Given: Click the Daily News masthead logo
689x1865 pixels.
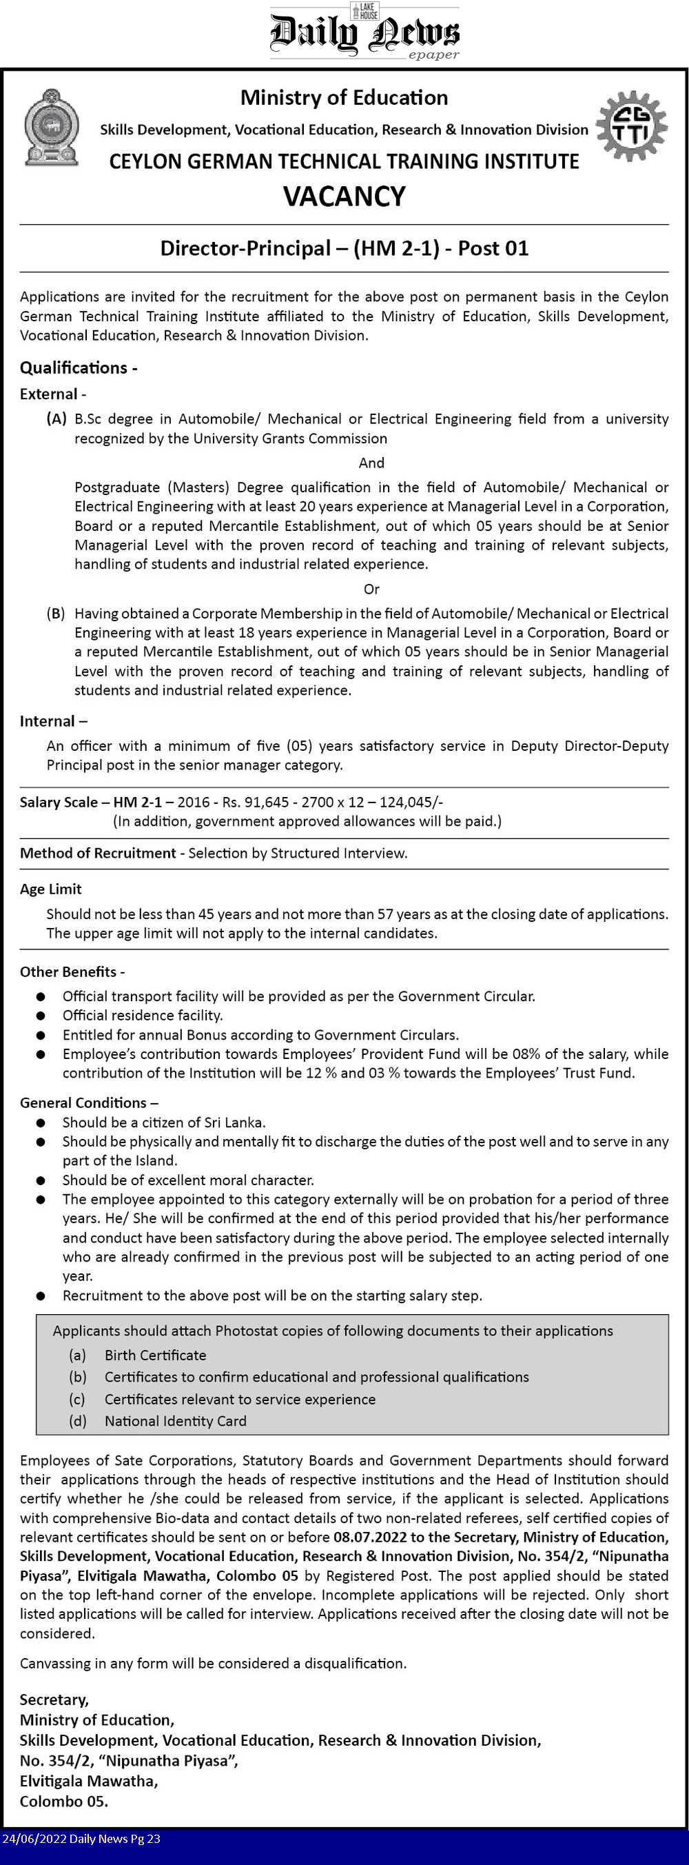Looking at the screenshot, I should tap(364, 33).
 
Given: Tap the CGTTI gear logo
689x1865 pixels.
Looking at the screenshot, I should tap(631, 125).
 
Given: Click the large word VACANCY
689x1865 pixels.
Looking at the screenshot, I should tap(344, 196).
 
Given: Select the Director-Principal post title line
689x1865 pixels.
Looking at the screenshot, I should tap(344, 248).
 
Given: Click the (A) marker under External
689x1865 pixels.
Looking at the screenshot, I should tap(56, 419).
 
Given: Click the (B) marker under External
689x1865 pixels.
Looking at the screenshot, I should tap(56, 613).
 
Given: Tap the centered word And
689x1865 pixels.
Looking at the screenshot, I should tap(371, 463).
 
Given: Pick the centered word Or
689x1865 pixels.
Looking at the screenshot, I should tap(371, 589).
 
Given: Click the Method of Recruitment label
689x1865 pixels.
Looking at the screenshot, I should tap(98, 853).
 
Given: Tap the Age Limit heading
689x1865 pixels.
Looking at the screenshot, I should tap(51, 889).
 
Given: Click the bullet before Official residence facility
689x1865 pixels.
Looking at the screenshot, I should tap(41, 1016).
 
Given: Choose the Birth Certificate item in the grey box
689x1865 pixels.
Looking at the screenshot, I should tap(155, 1355).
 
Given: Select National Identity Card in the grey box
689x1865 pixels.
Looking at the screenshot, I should tap(175, 1420).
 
